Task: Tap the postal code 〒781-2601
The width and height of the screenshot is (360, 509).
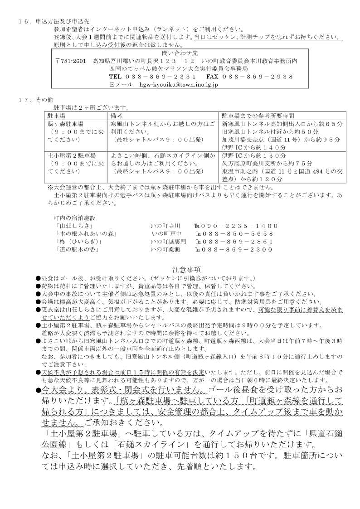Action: [x=71, y=61]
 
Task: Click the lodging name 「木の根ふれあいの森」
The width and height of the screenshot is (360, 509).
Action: [x=86, y=233]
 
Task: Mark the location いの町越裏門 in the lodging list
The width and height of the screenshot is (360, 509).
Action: [x=168, y=241]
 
